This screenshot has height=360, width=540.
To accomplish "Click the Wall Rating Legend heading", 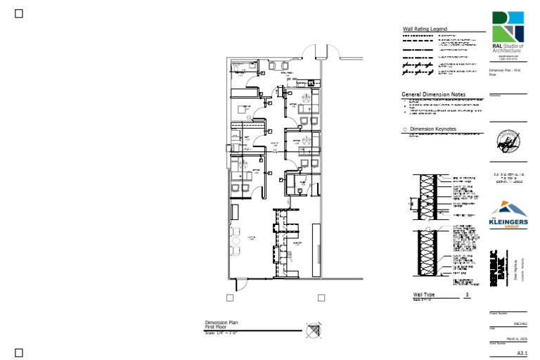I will pyautogui.click(x=424, y=29).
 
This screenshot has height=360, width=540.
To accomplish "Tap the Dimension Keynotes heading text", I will pyautogui.click(x=433, y=129).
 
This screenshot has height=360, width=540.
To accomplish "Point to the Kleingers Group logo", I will pyautogui.click(x=508, y=215).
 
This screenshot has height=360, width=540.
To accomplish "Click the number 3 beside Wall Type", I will pyautogui.click(x=467, y=294).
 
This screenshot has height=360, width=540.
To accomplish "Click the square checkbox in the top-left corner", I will pyautogui.click(x=19, y=13).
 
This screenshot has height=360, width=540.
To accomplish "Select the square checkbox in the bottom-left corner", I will pyautogui.click(x=19, y=352).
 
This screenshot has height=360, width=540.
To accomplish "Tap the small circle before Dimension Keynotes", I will pyautogui.click(x=404, y=130).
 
